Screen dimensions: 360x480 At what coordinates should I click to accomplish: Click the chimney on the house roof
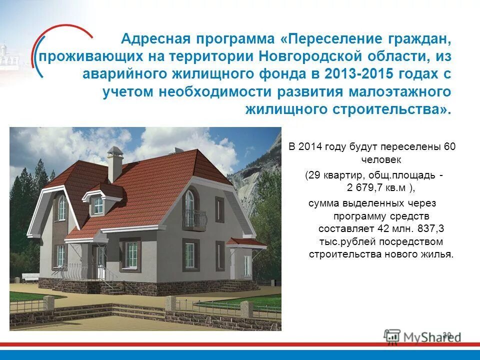(115, 163)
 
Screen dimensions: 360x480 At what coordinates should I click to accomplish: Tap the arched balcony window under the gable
(189, 202)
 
